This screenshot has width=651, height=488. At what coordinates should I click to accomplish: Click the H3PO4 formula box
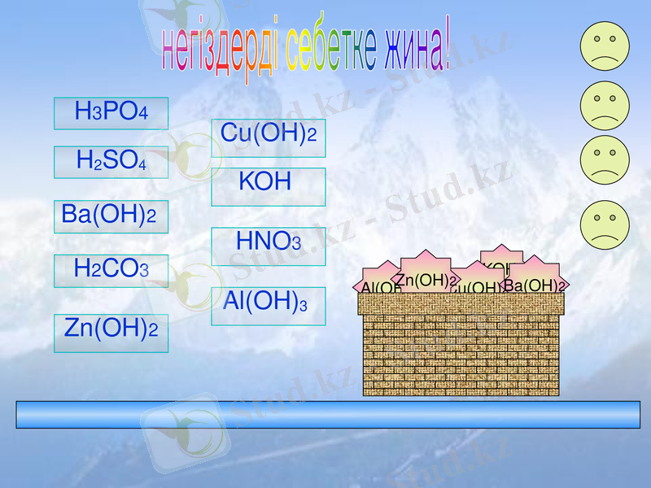coord(111,113)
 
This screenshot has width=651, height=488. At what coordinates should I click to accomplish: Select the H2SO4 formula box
coord(111,162)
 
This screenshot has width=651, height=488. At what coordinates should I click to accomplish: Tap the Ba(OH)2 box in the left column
coord(111,216)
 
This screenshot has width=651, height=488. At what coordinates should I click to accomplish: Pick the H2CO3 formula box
coord(111,271)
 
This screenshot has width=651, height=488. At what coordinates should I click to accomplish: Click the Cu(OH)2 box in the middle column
coord(269,137)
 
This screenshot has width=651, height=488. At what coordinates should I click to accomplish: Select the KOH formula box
coord(269,186)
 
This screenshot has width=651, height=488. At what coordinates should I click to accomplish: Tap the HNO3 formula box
coord(269,246)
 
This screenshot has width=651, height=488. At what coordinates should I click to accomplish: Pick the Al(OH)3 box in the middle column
coord(269,306)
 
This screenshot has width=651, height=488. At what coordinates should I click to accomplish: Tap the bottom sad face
coord(605,224)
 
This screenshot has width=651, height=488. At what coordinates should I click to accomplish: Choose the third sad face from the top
coord(605,159)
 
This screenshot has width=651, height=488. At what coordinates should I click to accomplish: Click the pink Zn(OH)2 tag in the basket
coord(426,279)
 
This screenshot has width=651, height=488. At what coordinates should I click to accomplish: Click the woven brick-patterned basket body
coord(461,350)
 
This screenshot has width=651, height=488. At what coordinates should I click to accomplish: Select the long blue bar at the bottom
coord(328,414)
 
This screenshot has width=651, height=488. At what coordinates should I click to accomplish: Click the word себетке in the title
coord(321,50)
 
